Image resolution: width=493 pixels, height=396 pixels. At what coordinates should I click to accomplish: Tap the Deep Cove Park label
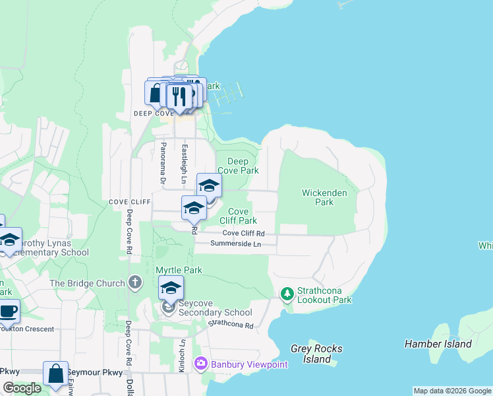pyautogui.click(x=238, y=166)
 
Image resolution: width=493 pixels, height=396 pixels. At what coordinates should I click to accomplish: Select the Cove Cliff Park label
pyautogui.click(x=238, y=216)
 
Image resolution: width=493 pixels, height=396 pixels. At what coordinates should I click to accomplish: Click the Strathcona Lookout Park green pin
pyautogui.click(x=287, y=292)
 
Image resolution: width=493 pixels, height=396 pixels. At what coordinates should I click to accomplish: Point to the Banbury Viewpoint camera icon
pyautogui.click(x=200, y=363)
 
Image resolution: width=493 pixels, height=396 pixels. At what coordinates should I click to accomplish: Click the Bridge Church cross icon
pyautogui.click(x=135, y=283)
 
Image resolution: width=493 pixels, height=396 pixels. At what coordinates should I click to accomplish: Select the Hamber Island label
pyautogui.click(x=438, y=344)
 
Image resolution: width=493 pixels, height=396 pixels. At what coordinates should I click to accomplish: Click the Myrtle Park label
pyautogui.click(x=179, y=270)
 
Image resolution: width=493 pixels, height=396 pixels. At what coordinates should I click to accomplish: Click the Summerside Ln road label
pyautogui.click(x=235, y=244)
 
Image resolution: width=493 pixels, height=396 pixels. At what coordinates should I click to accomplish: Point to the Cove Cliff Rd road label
pyautogui.click(x=243, y=233)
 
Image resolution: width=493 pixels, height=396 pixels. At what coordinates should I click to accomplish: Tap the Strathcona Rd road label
pyautogui.click(x=231, y=325)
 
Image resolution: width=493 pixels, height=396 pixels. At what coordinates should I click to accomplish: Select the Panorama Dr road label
pyautogui.click(x=161, y=163)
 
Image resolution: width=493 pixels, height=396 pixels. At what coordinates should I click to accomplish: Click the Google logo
pyautogui.click(x=22, y=388)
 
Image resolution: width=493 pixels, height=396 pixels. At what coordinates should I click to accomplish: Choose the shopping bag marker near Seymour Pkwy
pyautogui.click(x=56, y=373)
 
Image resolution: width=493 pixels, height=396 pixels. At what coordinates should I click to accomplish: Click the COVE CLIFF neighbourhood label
pyautogui.click(x=128, y=201)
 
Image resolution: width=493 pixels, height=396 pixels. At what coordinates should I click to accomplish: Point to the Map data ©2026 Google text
pyautogui.click(x=451, y=391)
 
